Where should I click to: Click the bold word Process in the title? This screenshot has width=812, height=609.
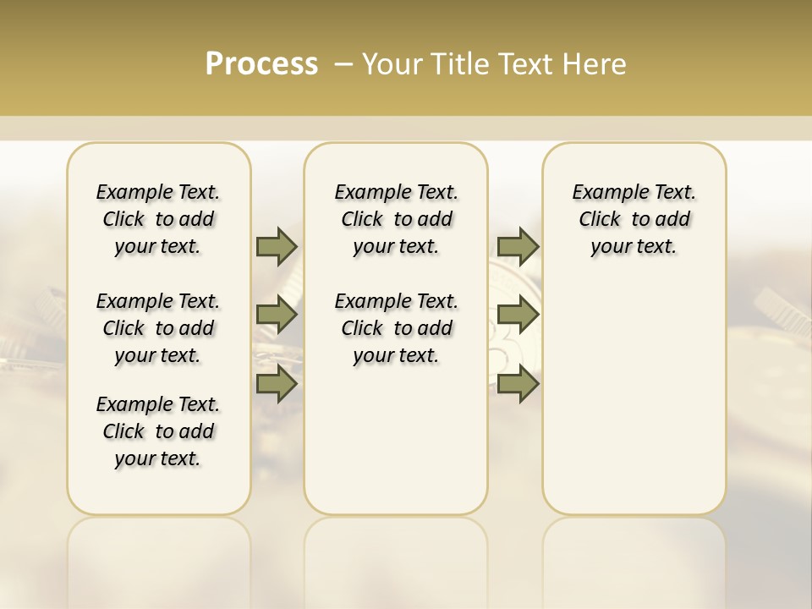coord(261,64)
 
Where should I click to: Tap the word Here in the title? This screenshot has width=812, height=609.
coord(595,64)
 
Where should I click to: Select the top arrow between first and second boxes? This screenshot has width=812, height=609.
coord(276,246)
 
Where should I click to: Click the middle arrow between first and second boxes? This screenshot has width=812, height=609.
coord(276,315)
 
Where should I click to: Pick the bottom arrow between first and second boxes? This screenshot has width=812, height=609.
coord(276,384)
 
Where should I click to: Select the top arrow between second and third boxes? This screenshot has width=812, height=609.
coord(518,246)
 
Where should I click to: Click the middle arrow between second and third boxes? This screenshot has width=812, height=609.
coord(518,315)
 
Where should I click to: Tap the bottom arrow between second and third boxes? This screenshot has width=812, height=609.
coord(518,384)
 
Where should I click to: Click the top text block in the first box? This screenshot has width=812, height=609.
coord(158,219)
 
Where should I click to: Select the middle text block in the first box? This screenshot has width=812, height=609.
coord(158,328)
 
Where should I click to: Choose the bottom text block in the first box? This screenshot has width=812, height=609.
coord(158,431)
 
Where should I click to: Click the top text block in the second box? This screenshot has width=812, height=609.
coord(397,219)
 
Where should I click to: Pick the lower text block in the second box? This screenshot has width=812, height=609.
coord(397,328)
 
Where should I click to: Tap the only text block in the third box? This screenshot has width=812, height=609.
coord(634,219)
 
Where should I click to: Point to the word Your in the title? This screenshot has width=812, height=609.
coord(393,64)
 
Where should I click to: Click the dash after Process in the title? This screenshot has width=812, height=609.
coord(343,64)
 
